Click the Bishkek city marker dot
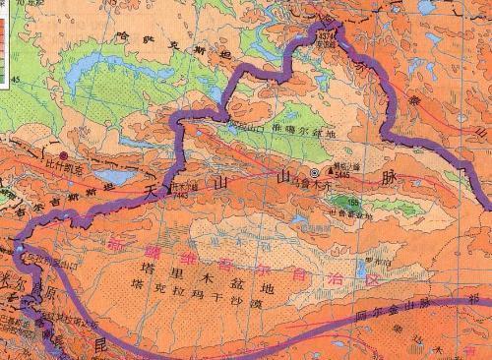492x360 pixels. pos(64,155)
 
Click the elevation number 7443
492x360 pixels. pos(179,193)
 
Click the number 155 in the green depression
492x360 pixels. pos(352,204)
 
